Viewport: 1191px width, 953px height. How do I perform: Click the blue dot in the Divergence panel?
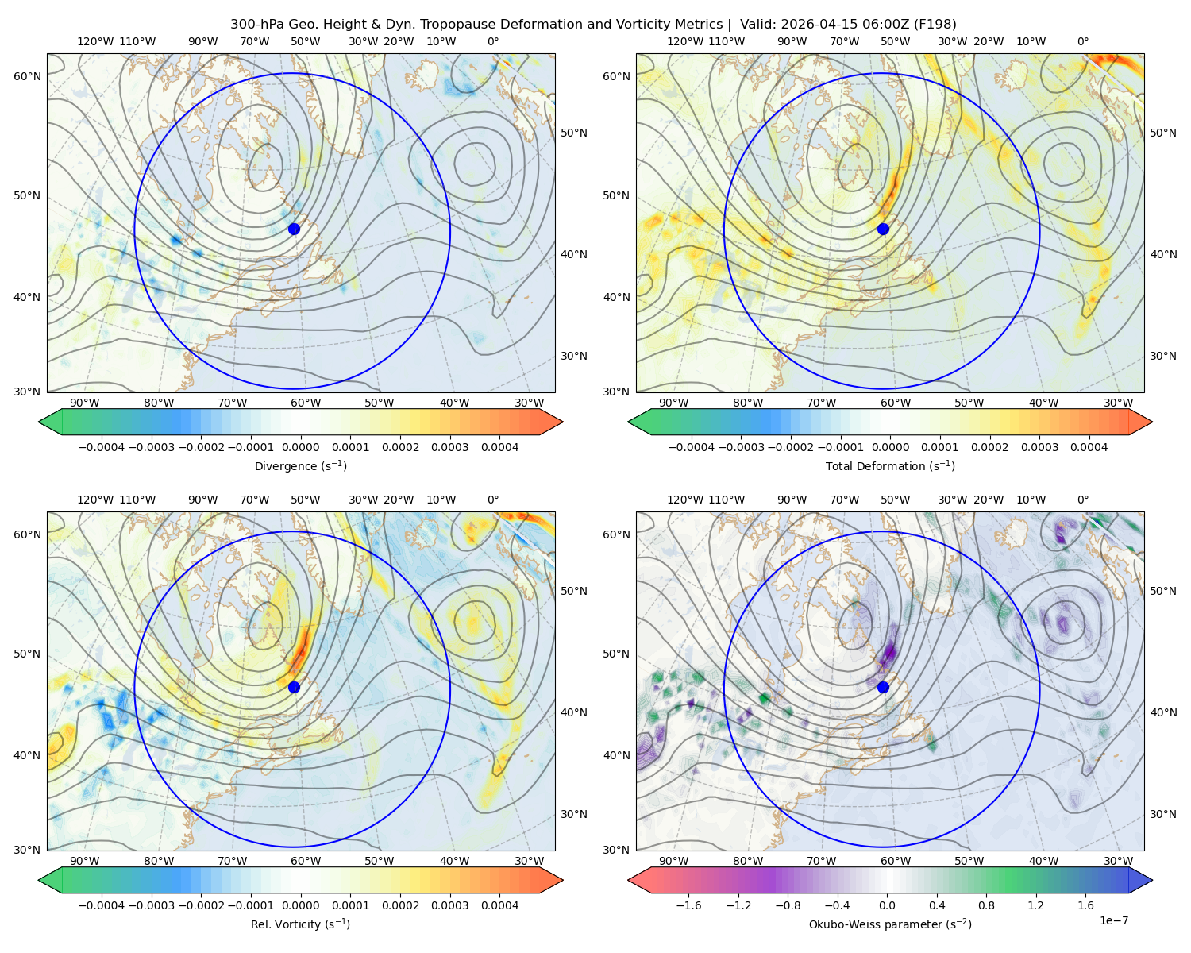coord(294,229)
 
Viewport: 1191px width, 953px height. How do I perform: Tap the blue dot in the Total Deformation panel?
coord(883,229)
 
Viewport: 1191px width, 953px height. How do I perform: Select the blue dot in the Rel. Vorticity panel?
coord(294,687)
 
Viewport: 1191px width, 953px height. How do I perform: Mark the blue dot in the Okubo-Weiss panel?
coord(883,687)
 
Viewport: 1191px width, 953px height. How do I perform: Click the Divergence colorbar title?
coord(300,465)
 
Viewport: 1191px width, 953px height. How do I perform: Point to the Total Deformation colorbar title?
coord(890,465)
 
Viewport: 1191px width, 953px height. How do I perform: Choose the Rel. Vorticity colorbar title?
coord(300,924)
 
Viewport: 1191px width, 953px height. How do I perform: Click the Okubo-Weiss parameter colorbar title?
coord(890,924)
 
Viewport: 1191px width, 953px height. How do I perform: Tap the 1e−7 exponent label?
coord(1113,920)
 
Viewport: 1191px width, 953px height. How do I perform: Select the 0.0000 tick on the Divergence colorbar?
coord(300,447)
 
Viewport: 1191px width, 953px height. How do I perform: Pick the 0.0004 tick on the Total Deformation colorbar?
coord(1089,447)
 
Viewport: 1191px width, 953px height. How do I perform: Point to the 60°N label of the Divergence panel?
coord(27,76)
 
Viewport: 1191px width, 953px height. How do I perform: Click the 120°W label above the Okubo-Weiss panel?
coord(684,499)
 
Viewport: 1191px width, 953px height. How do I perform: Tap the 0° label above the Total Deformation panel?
coord(1082,41)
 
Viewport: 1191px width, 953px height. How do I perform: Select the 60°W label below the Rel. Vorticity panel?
coord(306,861)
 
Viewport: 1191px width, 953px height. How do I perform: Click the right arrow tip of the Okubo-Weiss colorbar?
coord(1152,880)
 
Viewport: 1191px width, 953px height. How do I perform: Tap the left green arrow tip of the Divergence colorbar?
coord(39,422)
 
